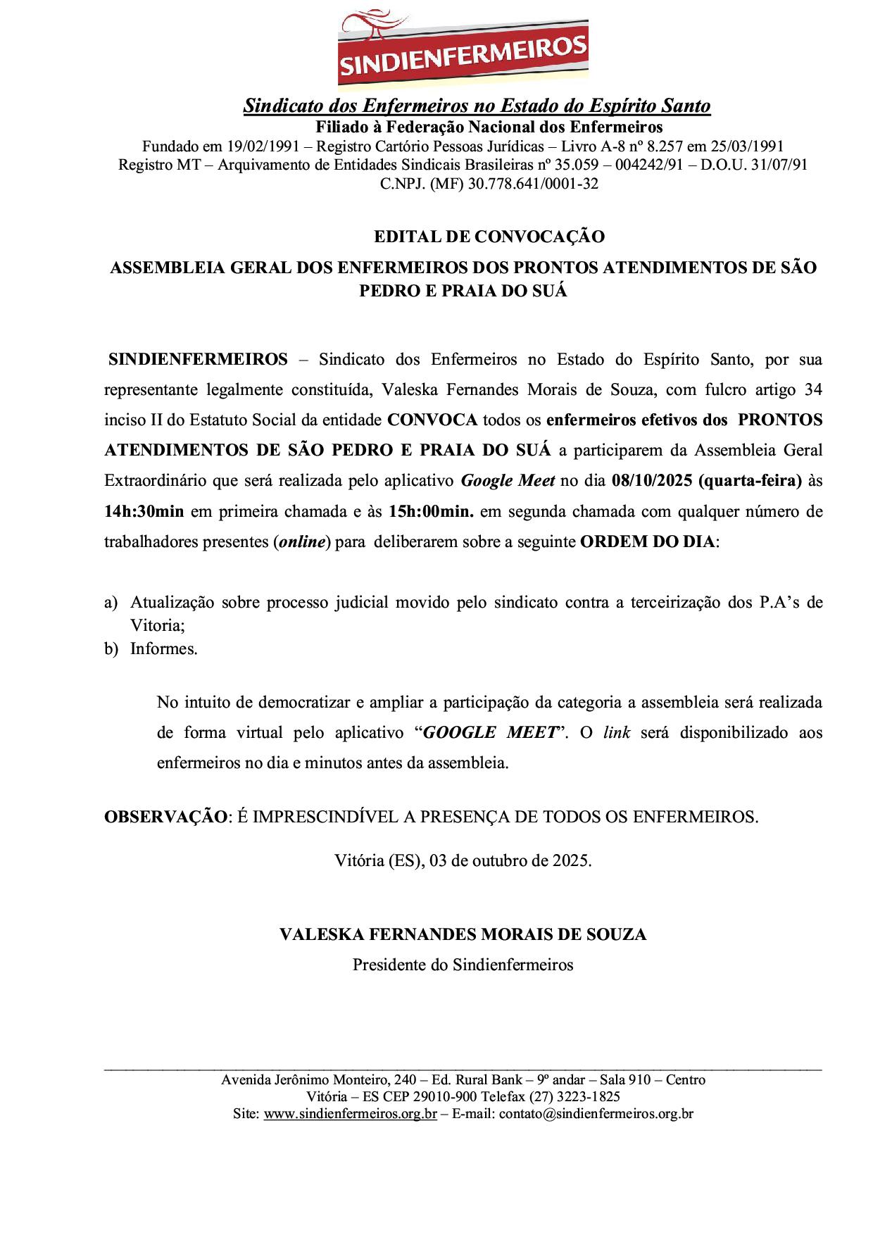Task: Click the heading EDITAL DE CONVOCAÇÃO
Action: point(489,237)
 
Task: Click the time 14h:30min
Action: point(144,511)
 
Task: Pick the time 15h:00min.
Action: point(432,511)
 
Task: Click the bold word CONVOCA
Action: point(432,420)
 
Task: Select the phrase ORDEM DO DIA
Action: point(647,542)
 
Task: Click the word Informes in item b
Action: point(163,648)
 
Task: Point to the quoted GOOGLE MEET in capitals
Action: point(489,732)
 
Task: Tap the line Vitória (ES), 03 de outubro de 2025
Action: point(463,860)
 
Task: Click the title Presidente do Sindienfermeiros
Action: point(463,965)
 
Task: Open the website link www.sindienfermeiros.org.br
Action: point(350,1115)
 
